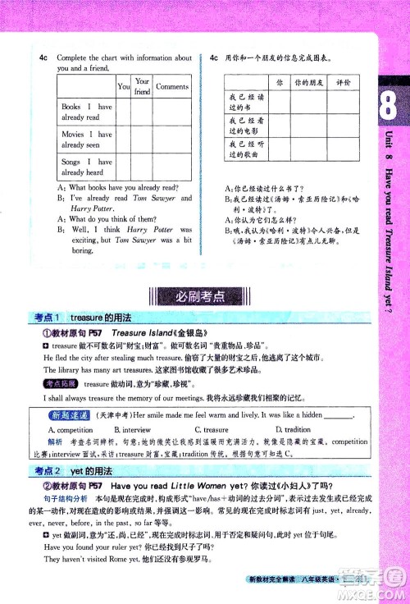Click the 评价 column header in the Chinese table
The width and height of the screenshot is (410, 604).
343,84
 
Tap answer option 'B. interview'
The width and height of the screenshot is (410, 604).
132,429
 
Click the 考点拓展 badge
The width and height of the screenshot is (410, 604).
60,383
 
